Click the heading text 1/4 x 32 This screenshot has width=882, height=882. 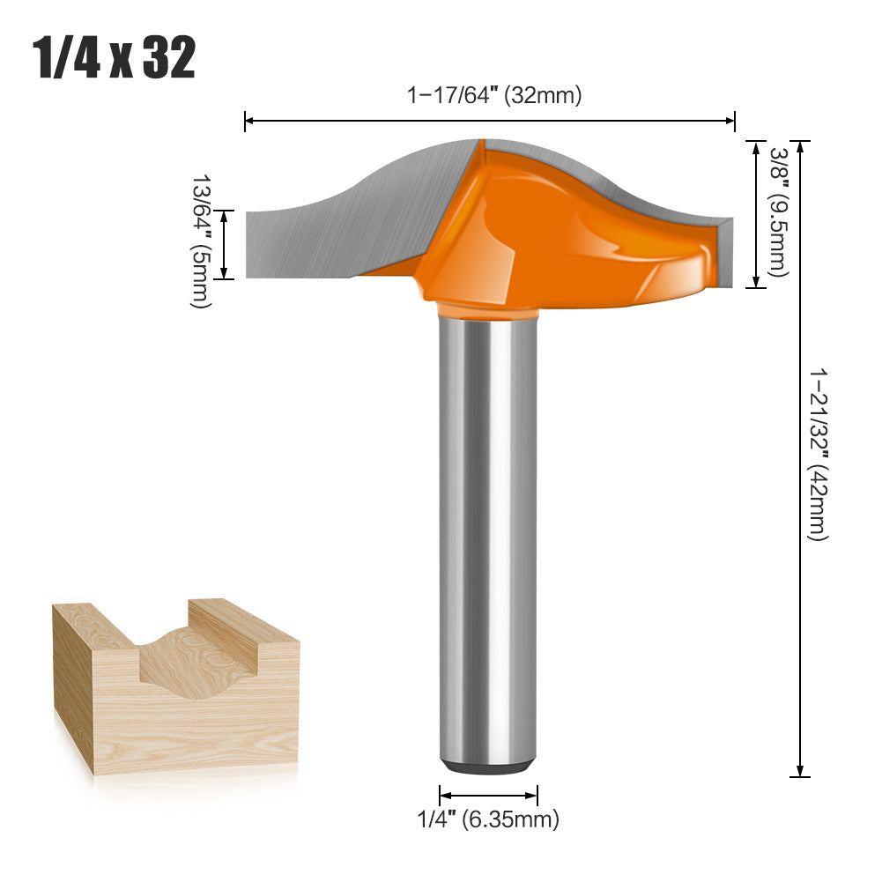click(x=115, y=59)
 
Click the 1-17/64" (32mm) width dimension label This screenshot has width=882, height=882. click(x=493, y=95)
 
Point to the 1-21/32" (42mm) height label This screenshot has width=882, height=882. click(x=819, y=454)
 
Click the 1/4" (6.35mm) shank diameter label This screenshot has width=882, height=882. click(x=487, y=820)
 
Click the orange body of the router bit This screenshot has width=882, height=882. click(x=546, y=238)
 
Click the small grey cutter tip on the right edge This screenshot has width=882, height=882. click(x=725, y=251)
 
